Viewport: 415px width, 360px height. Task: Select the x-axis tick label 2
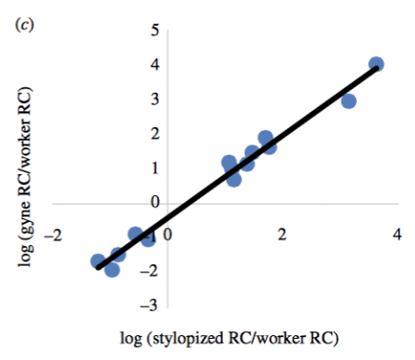[x=282, y=235]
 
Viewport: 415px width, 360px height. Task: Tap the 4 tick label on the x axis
[x=398, y=235]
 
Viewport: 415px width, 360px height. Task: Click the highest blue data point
[x=375, y=65]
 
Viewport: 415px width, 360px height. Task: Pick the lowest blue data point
[x=112, y=270]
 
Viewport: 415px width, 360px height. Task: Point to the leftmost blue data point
[x=98, y=261]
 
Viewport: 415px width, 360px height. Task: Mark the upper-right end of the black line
[x=377, y=68]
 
